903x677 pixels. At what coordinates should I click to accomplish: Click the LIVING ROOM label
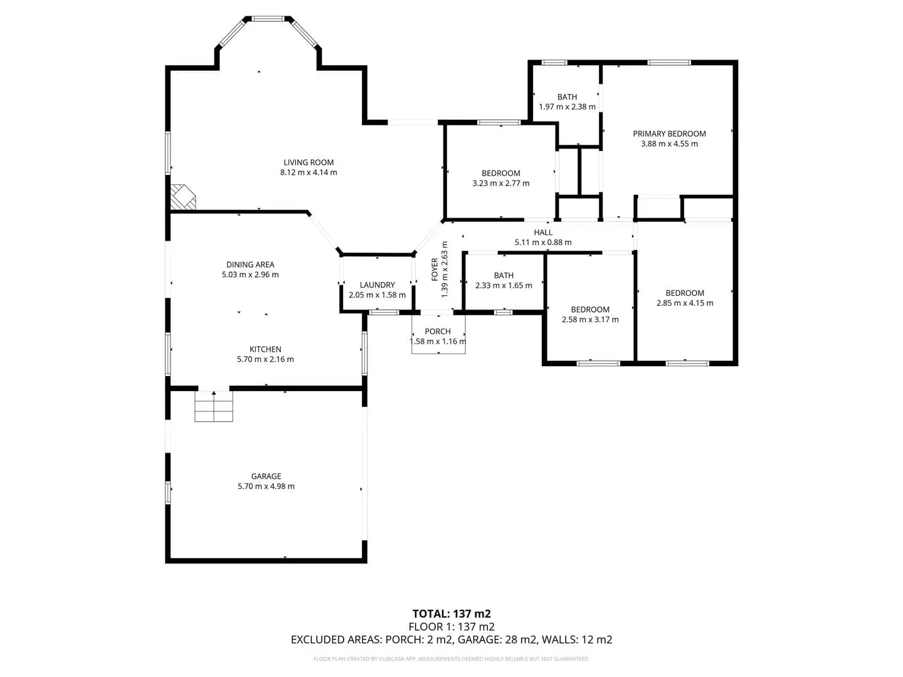coord(308,162)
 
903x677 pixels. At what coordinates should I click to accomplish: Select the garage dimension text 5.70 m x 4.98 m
coord(266,486)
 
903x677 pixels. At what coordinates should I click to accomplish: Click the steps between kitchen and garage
coord(213,406)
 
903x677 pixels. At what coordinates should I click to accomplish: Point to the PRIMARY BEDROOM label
coord(669,134)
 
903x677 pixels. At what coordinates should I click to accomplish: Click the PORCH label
coord(438,332)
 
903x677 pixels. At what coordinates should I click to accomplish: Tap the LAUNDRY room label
coord(378,285)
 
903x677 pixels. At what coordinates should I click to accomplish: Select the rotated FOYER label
coord(435,270)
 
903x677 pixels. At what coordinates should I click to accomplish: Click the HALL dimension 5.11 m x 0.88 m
coord(543,242)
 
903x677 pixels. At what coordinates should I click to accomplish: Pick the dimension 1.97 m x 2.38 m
coord(568,107)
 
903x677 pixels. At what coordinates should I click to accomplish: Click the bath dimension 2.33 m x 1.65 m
coord(504,285)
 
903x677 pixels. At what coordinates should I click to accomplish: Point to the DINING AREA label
coord(250,265)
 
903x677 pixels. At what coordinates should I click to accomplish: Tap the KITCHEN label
coord(265,349)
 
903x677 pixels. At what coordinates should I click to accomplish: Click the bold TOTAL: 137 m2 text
coord(451,614)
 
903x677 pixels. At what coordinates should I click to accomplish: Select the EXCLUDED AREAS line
coord(451,639)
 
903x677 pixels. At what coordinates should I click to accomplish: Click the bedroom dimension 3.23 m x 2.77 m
coord(500,183)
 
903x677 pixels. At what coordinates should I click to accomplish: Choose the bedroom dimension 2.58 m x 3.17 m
coord(590,320)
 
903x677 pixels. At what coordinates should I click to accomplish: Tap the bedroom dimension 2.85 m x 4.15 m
coord(685,303)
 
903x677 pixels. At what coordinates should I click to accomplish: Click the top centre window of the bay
coord(268,19)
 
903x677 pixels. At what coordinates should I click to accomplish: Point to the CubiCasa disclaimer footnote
coord(451,659)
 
